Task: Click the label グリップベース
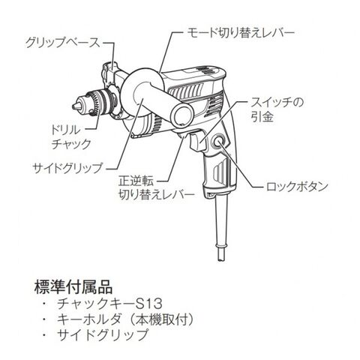click(63, 43)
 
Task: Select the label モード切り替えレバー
click(241, 32)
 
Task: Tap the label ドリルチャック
click(70, 137)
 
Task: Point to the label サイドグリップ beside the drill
click(67, 168)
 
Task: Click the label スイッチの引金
click(277, 110)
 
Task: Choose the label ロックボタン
click(297, 187)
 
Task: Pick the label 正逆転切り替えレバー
click(157, 188)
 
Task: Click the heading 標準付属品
click(73, 286)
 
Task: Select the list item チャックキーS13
click(110, 304)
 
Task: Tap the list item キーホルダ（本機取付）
click(125, 319)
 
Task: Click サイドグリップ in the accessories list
click(103, 334)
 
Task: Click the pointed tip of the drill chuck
click(73, 106)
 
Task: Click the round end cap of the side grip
click(184, 115)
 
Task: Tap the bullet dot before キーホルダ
click(45, 319)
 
